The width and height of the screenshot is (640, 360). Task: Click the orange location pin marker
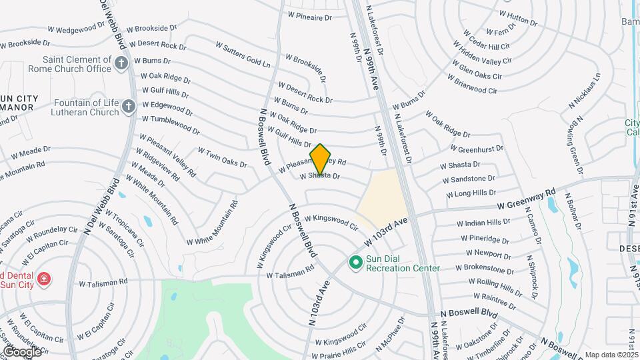(320, 159)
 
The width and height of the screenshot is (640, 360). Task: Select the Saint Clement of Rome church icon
(121, 63)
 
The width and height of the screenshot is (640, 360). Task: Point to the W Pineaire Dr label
(309, 16)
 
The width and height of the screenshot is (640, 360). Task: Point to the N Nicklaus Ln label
(585, 91)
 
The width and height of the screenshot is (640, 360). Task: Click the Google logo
(22, 351)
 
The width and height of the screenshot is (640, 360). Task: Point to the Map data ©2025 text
(611, 355)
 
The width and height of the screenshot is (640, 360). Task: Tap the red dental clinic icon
(44, 279)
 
